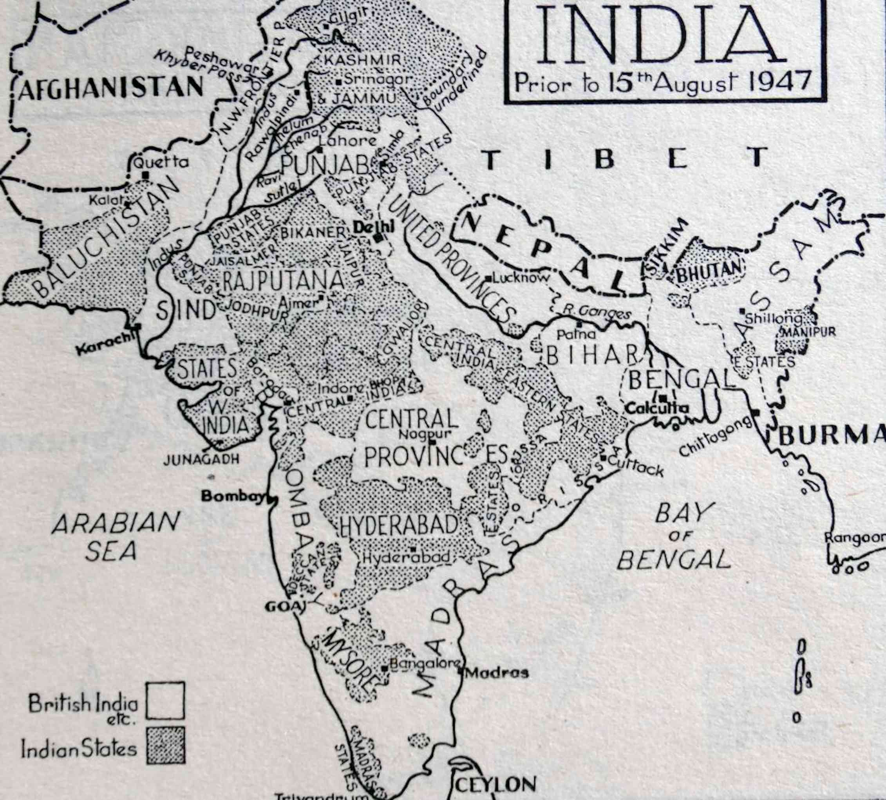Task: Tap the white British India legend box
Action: click(x=165, y=700)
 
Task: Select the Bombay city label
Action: click(x=233, y=496)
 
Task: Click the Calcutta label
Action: click(x=657, y=408)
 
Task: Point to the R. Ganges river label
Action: click(x=597, y=313)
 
